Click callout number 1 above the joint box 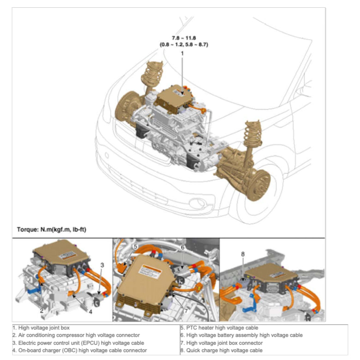pos(182,54)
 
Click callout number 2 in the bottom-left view pos(42,311)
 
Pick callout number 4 pos(90,312)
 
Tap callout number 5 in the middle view pos(135,247)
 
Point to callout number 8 pos(243,253)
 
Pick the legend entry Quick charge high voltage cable pos(221,351)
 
